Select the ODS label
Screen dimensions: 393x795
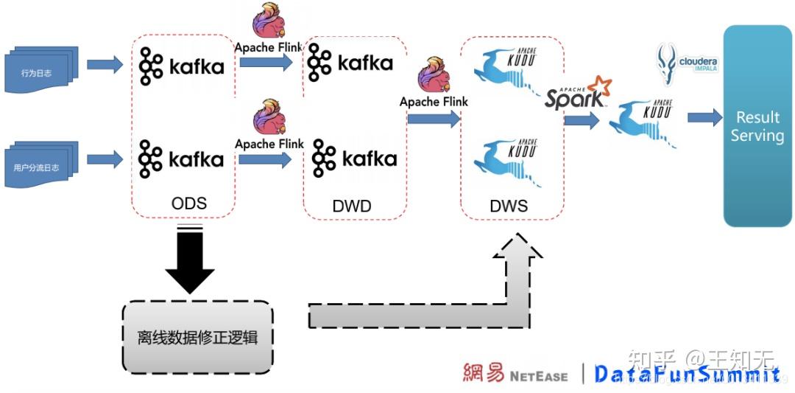tap(188, 204)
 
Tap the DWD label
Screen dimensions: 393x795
tap(352, 206)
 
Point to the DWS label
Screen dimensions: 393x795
tap(509, 206)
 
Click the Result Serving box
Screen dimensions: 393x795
tap(757, 126)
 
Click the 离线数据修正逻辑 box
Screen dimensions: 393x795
tap(197, 337)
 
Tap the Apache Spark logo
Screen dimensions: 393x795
tap(578, 94)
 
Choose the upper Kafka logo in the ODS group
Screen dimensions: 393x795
tap(181, 67)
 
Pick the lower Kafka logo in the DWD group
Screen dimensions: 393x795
tap(354, 158)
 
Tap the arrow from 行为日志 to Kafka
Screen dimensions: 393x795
tap(105, 65)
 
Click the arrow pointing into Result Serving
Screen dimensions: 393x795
tap(704, 117)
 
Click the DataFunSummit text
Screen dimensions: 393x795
tap(686, 375)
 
